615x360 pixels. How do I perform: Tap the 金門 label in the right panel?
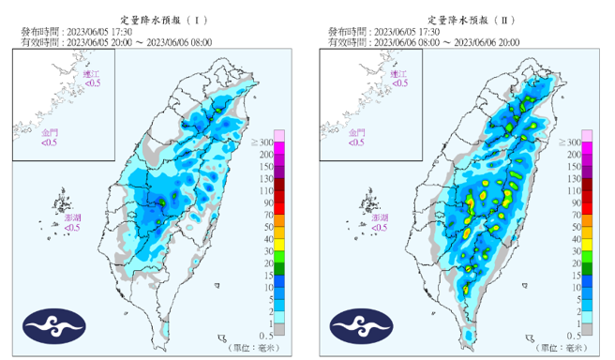357,133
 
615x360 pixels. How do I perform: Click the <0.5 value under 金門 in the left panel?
50,143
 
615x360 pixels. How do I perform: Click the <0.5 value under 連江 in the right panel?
399,83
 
